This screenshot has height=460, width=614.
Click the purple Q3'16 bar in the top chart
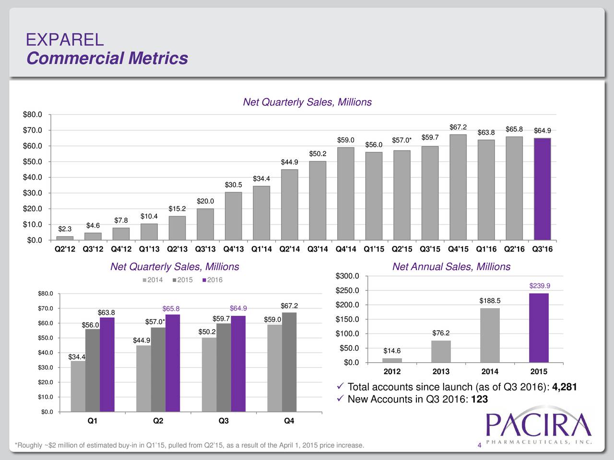[542, 189]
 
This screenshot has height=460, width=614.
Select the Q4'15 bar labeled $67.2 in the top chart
[458, 187]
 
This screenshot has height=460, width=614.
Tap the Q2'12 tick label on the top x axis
[65, 249]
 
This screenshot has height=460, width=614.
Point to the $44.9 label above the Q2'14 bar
[289, 162]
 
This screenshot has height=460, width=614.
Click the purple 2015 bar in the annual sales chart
[539, 328]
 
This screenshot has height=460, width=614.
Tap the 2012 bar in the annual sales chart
[392, 360]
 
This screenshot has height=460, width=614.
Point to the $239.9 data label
[539, 286]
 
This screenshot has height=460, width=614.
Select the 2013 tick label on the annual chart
[441, 372]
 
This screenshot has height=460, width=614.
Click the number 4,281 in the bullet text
[565, 387]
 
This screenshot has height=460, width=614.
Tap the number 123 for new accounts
[480, 400]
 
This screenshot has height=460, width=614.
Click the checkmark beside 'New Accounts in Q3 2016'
[340, 399]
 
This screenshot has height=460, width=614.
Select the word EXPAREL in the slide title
[65, 39]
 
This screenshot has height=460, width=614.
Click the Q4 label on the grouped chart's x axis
[289, 421]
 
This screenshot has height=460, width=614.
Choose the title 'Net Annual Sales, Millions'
[451, 267]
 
